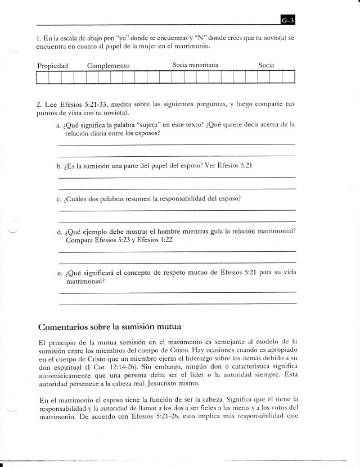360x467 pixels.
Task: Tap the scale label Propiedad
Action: [52, 66]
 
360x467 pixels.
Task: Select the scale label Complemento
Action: [109, 66]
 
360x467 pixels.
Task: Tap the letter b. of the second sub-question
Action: [59, 166]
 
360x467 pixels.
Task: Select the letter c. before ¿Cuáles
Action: [59, 199]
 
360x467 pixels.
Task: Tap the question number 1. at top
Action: [38, 38]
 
